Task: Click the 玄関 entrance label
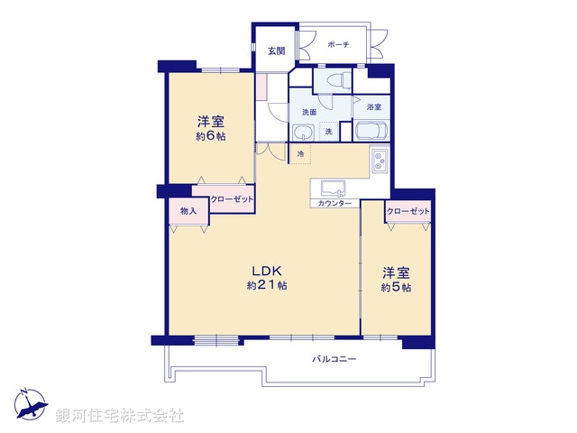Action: [x=276, y=51]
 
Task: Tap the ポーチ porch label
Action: [x=339, y=45]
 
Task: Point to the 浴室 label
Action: [x=373, y=107]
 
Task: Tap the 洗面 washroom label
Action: [x=308, y=113]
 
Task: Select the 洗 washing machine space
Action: [x=329, y=132]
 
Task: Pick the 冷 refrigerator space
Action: [x=301, y=154]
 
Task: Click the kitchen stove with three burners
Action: [x=379, y=162]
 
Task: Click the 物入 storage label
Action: [x=188, y=210]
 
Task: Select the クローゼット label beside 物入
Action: [x=231, y=198]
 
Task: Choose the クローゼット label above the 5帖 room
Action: [x=408, y=211]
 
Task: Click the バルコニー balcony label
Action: [x=334, y=359]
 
